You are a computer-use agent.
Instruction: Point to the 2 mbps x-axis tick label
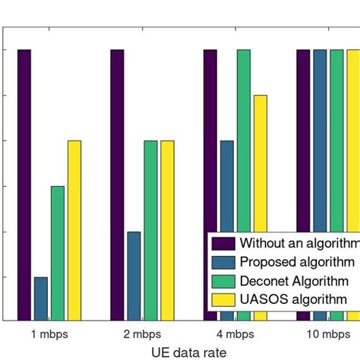tap(142, 334)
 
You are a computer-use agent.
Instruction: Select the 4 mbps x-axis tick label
tap(235, 334)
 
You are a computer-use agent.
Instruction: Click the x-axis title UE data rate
tap(180, 352)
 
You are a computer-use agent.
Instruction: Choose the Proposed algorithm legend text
tap(297, 262)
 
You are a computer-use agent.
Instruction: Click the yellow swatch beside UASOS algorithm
tap(223, 299)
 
